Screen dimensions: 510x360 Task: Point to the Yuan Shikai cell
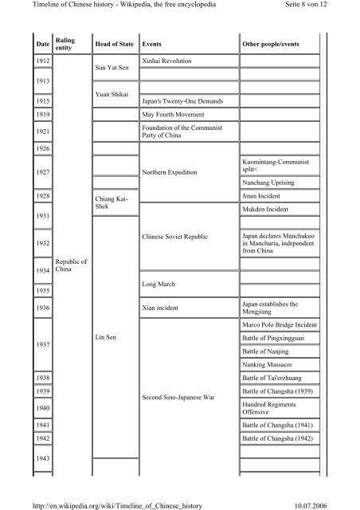coord(112,92)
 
